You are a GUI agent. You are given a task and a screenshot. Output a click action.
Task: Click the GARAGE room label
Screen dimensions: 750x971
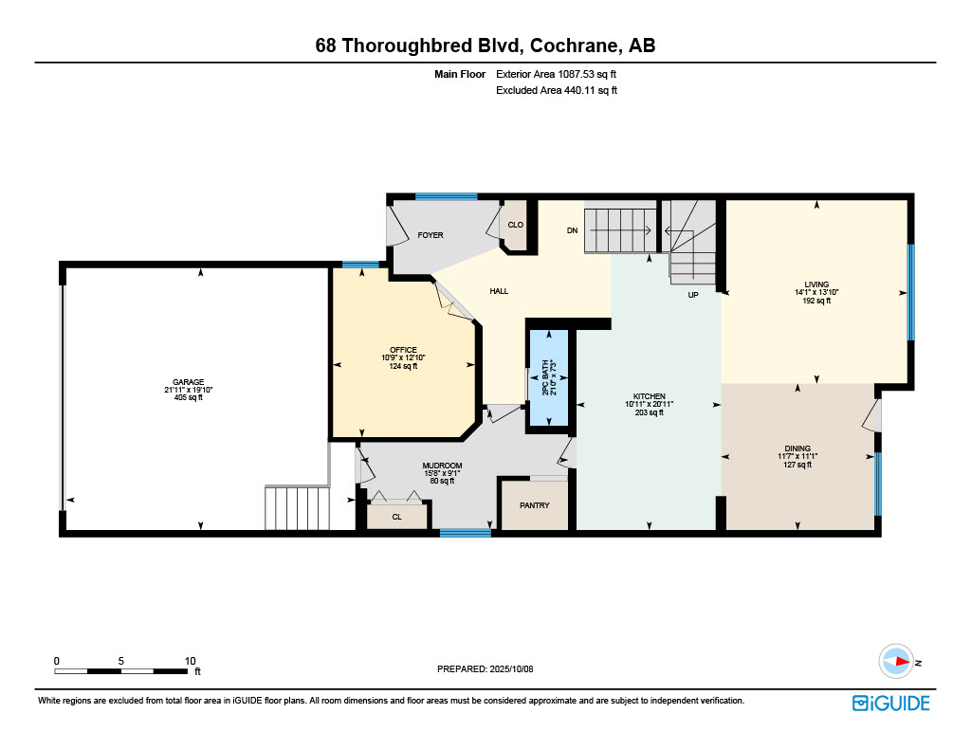188,382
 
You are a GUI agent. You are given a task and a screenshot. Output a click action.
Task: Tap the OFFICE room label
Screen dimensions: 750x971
403,350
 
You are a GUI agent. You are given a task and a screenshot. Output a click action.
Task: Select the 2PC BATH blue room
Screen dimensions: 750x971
548,377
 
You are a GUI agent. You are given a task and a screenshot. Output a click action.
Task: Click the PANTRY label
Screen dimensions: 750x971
535,505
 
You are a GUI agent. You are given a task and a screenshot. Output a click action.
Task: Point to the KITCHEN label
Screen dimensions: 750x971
650,396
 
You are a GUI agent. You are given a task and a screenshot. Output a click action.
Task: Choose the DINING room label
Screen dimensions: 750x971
797,448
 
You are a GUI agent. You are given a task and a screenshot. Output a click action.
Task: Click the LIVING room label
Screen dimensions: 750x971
816,284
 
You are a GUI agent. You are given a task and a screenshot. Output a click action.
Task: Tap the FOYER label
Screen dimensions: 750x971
431,235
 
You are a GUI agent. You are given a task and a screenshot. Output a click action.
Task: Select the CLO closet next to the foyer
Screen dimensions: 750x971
516,225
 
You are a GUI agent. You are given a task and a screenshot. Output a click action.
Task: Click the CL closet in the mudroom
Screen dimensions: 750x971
396,517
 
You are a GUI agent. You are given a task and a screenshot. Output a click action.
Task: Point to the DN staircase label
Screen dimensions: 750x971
573,230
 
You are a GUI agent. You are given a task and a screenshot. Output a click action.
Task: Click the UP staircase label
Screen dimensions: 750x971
692,295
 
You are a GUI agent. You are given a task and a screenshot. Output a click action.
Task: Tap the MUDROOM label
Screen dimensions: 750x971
442,466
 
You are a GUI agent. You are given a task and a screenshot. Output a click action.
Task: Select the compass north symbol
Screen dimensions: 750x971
895,662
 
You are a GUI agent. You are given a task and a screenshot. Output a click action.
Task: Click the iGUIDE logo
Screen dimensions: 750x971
890,703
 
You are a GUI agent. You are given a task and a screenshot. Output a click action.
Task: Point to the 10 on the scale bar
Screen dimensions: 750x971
190,661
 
